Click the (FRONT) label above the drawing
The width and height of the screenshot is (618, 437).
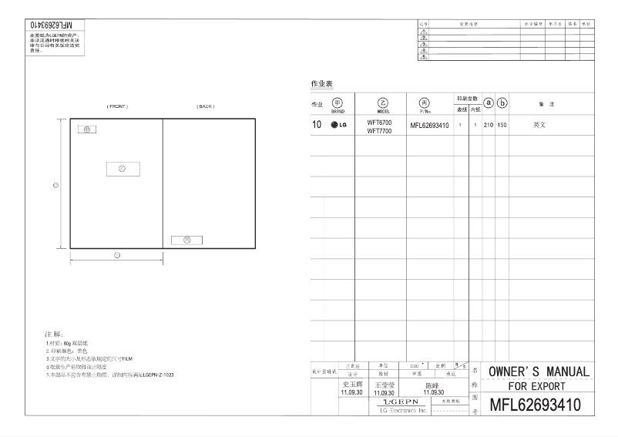(x=117, y=106)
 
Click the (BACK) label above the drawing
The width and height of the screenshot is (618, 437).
(x=206, y=106)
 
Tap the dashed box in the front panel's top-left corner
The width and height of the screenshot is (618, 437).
(x=86, y=129)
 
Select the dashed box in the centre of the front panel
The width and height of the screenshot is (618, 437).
(x=123, y=169)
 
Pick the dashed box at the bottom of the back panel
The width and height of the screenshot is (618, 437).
(x=186, y=240)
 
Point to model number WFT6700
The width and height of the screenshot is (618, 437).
(x=379, y=122)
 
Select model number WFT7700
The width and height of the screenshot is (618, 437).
(x=379, y=130)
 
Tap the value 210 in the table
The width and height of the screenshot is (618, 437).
(x=488, y=125)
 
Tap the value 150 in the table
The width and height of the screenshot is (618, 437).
(x=502, y=125)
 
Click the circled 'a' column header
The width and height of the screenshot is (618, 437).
(x=488, y=103)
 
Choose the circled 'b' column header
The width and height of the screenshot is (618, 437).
(x=502, y=103)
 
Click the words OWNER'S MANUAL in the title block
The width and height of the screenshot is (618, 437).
(x=539, y=372)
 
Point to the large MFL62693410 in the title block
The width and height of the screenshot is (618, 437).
(x=536, y=403)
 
